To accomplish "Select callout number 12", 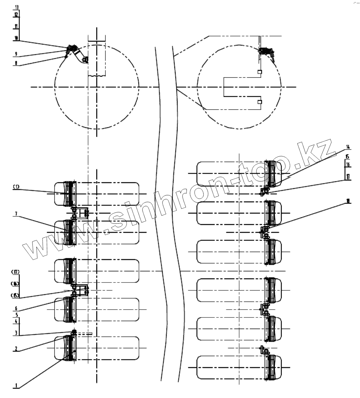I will point(16,14).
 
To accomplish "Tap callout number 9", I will point(16,53).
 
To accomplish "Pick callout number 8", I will point(16,64).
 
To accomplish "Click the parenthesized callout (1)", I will point(16,187).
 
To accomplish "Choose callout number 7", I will point(16,213).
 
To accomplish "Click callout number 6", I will point(16,308).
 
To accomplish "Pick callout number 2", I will point(16,349).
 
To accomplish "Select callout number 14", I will point(348,147).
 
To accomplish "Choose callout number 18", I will point(348,201).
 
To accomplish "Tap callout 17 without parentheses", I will point(348,177).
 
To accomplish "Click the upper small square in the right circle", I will point(260,72).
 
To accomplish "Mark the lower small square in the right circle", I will point(260,102).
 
